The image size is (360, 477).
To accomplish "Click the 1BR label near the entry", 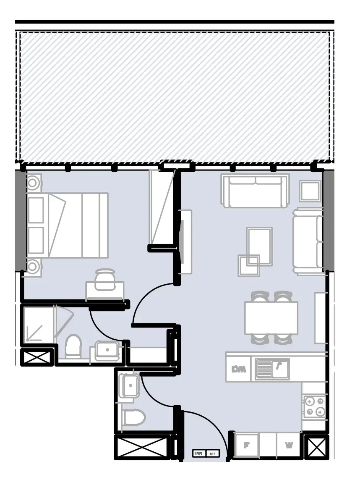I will point(198,454).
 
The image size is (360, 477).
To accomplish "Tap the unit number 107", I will point(212,454).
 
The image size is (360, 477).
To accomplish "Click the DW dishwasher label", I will point(238,370).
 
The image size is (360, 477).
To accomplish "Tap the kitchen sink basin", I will point(280,368).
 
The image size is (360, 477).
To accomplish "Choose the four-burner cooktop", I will point(314,406).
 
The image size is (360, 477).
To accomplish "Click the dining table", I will point(271,318).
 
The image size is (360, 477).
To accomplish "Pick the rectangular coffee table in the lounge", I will point(259,246).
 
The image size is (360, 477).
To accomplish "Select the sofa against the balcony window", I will point(255,191).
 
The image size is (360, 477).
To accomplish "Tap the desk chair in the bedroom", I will point(104,280).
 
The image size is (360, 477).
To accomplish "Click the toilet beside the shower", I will point(73,346).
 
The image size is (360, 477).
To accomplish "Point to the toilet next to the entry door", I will point(133,418).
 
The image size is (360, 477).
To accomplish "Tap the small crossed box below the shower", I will point(37,358).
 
